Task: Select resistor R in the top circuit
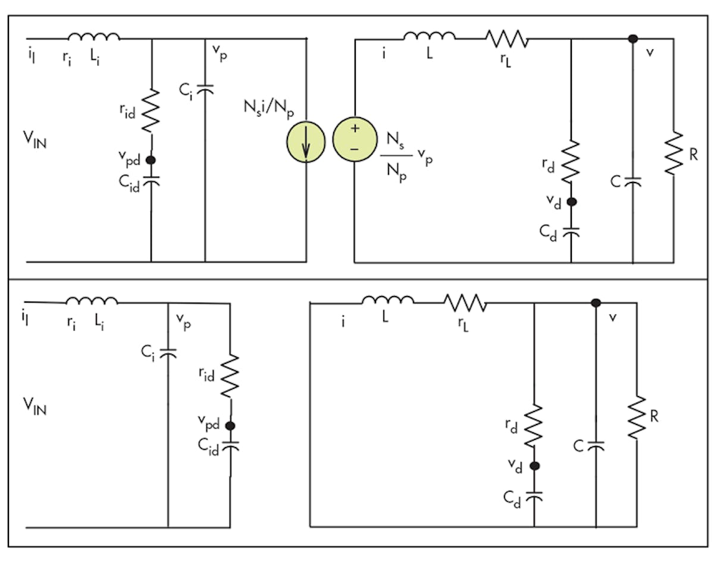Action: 674,153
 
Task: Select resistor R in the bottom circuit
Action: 637,417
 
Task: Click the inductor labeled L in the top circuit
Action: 430,37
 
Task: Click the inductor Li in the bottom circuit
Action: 92,301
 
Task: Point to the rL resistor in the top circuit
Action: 506,39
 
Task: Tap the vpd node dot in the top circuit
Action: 151,159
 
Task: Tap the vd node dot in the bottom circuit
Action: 534,467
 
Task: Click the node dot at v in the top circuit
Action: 633,39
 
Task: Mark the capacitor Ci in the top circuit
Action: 205,89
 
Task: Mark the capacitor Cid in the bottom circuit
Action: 230,445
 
